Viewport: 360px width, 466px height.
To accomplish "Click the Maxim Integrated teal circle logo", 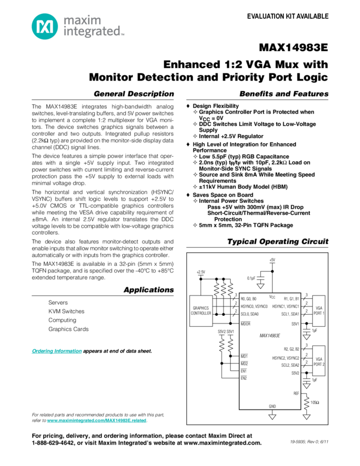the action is click(45, 26).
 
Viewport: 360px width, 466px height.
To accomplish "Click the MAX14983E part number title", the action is click(294, 48).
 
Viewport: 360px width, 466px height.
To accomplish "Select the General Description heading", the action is click(134, 94).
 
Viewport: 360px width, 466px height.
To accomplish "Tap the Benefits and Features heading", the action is click(284, 94).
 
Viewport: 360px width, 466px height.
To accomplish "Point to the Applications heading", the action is click(149, 290).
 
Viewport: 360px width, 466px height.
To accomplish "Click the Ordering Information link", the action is click(57, 351).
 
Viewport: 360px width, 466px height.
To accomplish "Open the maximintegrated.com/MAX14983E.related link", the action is click(96, 420).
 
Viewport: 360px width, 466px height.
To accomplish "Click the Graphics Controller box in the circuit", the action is click(201, 311).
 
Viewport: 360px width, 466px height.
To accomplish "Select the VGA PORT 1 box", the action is click(319, 311).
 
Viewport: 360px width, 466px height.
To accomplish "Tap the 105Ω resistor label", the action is click(315, 402).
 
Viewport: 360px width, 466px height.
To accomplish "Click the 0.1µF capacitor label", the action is click(251, 278).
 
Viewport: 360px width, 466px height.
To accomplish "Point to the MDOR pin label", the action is click(245, 323).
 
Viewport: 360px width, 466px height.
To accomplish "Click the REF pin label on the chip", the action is click(296, 393).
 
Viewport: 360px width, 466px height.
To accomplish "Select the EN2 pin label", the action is click(244, 378).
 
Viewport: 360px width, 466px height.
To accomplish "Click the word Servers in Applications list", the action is click(58, 303).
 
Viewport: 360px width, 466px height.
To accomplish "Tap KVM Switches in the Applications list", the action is click(66, 311).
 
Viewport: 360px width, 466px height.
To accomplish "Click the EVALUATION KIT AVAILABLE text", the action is click(288, 16).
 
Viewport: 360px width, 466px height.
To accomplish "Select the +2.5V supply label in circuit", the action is click(201, 272).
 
